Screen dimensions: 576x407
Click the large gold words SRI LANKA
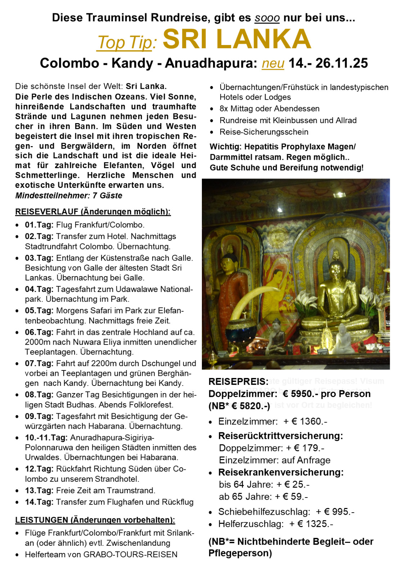(x=236, y=39)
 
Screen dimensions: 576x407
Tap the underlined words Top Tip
(x=126, y=42)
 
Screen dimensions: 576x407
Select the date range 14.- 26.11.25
(x=328, y=63)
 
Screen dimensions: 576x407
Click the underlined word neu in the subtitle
(x=273, y=63)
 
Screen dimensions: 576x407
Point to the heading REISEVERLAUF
(x=47, y=211)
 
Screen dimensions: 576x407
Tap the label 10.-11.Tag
(x=46, y=438)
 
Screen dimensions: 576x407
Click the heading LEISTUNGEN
(x=41, y=520)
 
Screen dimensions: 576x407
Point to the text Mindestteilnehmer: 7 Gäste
(x=69, y=195)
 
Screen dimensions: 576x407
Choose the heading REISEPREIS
(x=238, y=382)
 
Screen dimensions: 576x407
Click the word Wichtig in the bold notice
(x=225, y=147)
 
